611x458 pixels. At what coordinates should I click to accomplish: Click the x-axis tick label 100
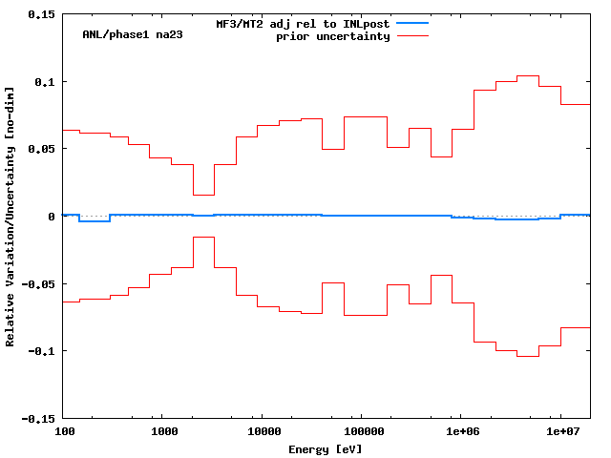[x=63, y=432]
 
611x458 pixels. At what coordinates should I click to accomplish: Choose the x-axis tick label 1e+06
[x=461, y=432]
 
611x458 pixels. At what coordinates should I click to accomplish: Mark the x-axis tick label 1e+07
[x=560, y=432]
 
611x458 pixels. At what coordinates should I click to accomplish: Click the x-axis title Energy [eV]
[x=326, y=448]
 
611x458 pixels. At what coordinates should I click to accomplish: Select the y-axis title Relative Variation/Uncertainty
[x=11, y=217]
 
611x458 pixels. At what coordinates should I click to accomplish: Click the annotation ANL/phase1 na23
[x=133, y=34]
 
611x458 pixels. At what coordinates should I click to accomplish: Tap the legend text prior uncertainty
[x=333, y=36]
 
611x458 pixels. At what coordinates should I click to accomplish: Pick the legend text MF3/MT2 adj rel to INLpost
[x=303, y=24]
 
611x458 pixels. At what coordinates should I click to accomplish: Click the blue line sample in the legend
[x=412, y=23]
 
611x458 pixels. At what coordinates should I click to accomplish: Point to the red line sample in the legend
[x=412, y=35]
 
